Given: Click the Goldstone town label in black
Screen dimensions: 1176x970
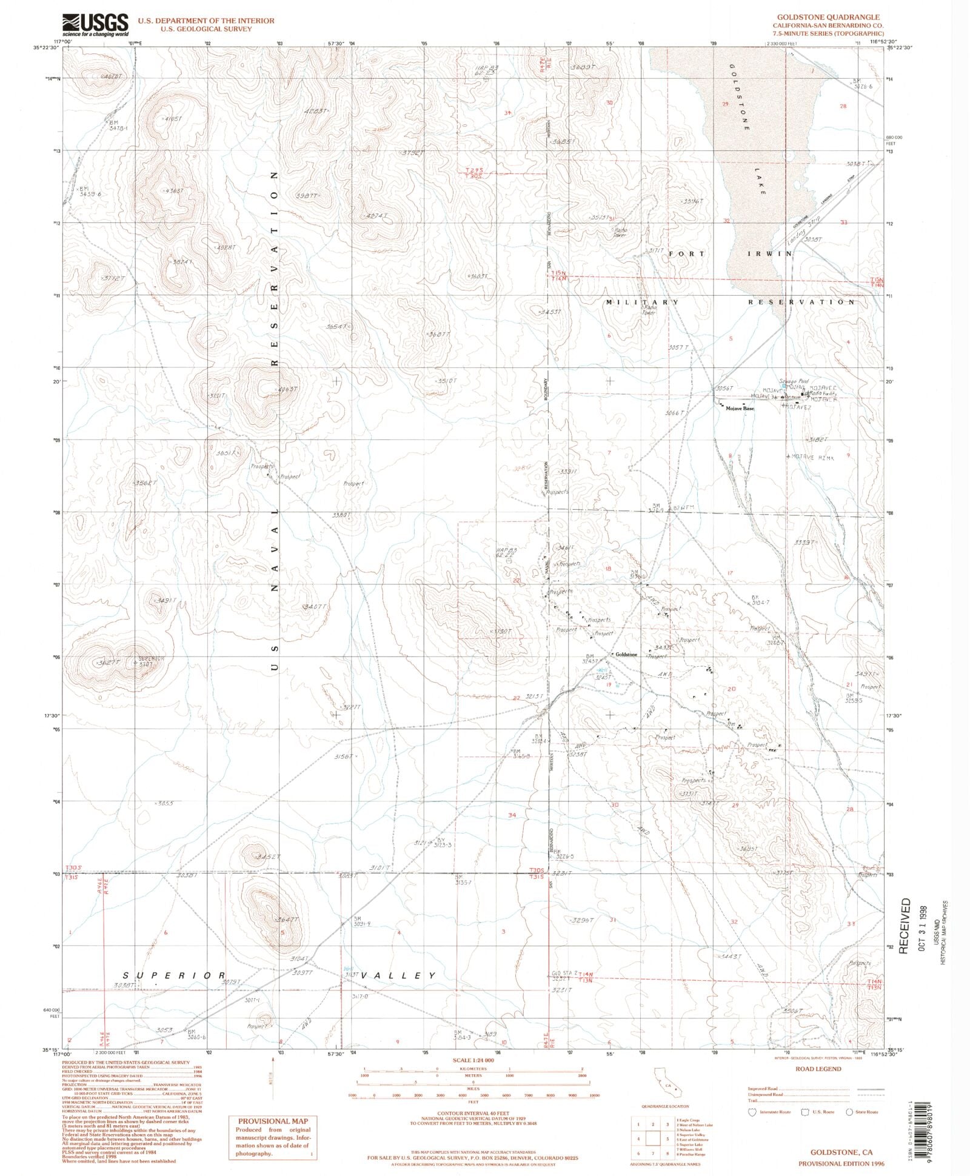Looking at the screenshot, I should click(626, 655).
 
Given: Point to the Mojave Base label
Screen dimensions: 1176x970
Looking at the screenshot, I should click(740, 409).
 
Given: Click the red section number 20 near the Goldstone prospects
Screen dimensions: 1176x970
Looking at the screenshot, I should click(732, 689).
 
